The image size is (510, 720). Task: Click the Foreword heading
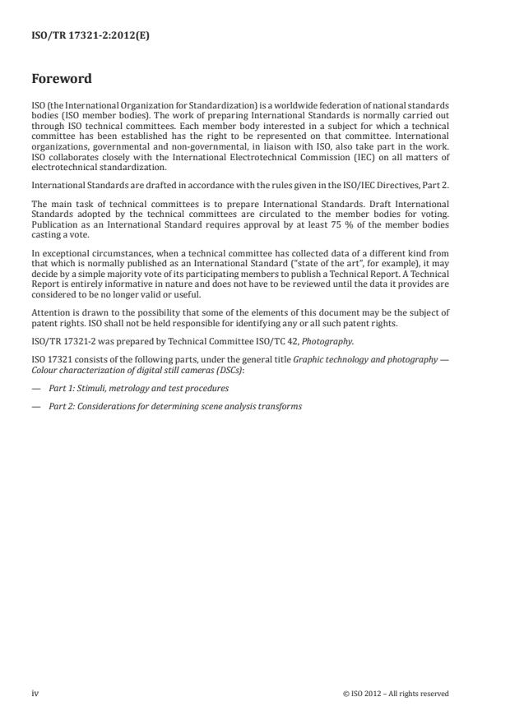pyautogui.click(x=61, y=79)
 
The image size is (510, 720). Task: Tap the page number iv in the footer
pyautogui.click(x=35, y=694)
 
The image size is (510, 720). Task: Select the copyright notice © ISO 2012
pyautogui.click(x=395, y=694)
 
